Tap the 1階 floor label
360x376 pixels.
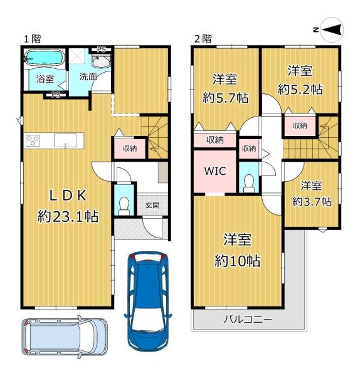pos(33,39)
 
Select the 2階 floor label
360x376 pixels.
pos(202,39)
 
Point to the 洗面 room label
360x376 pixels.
pos(88,76)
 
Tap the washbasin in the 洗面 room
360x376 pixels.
pos(101,61)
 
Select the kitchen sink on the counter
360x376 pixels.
pos(65,141)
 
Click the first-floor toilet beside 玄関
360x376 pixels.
pos(124,204)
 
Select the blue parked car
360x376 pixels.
pos(147,298)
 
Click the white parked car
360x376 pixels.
pos(64,337)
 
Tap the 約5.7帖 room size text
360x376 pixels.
pos(225,98)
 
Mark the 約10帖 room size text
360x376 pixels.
pos(238,260)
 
